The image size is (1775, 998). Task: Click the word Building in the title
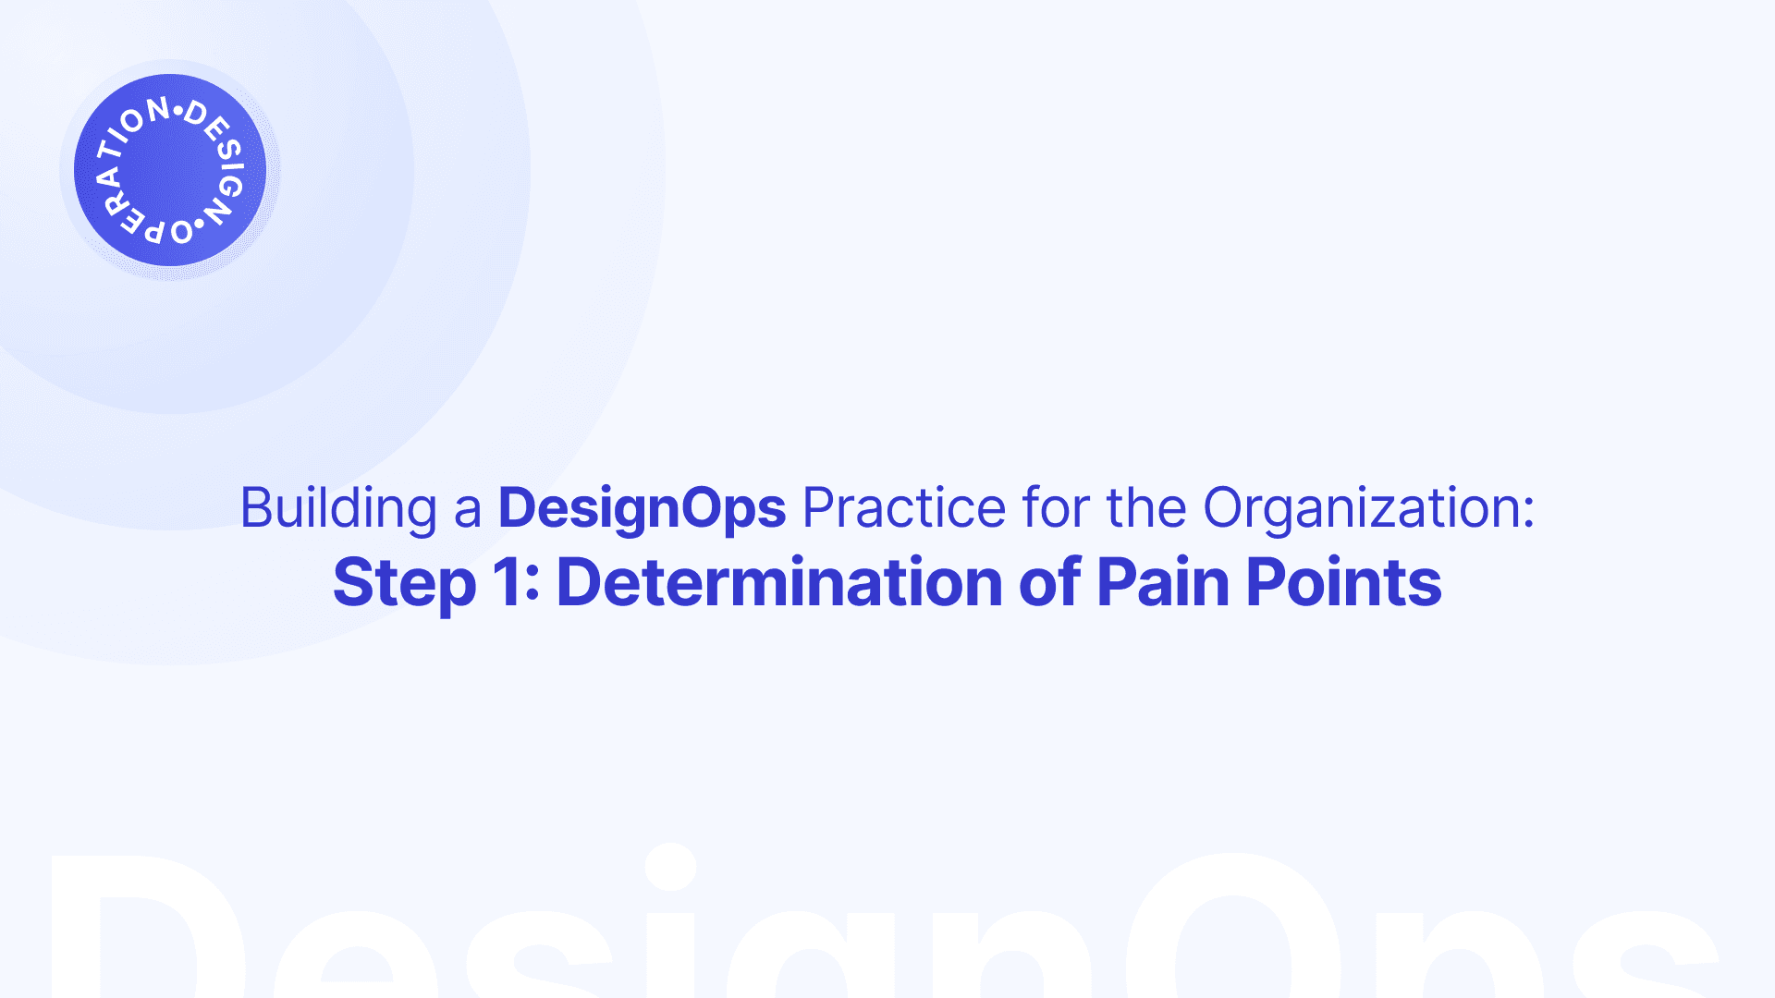(338, 508)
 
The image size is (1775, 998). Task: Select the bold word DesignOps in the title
(643, 508)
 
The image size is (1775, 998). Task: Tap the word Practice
(904, 507)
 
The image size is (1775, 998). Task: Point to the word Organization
(1368, 508)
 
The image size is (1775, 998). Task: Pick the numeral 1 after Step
(507, 582)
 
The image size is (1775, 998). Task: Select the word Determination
(779, 582)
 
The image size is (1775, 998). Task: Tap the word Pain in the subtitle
(1163, 582)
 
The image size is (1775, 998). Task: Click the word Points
(1344, 582)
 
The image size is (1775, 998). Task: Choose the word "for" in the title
(1056, 507)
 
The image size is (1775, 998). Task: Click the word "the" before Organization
(1146, 507)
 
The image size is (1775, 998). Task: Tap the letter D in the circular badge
(196, 115)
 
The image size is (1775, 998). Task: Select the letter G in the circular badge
(229, 186)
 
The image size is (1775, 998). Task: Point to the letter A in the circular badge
(108, 176)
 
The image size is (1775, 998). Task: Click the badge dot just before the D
(178, 113)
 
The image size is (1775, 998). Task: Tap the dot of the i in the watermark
(670, 867)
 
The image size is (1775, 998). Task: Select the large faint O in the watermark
(1235, 925)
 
